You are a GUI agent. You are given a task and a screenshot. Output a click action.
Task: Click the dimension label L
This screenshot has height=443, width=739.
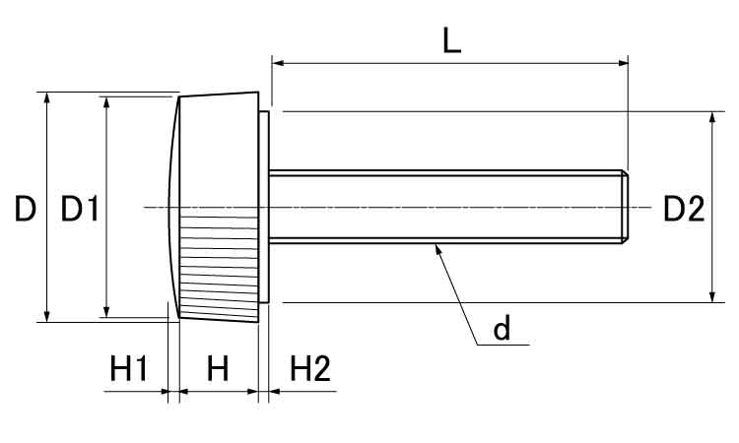click(x=451, y=40)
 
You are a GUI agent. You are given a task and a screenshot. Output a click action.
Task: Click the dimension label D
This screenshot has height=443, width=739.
click(x=26, y=209)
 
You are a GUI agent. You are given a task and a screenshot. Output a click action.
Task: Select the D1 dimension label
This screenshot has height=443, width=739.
click(x=79, y=209)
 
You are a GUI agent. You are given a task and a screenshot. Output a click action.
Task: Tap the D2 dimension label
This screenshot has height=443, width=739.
click(x=683, y=209)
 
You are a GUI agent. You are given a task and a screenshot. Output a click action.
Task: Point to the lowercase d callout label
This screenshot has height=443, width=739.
click(x=503, y=330)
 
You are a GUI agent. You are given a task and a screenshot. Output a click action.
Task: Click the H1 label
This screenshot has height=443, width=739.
click(x=128, y=369)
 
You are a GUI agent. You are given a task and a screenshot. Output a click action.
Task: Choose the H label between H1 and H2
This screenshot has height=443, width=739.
click(x=218, y=369)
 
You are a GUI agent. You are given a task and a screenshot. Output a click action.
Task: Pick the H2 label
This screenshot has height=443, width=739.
click(x=310, y=369)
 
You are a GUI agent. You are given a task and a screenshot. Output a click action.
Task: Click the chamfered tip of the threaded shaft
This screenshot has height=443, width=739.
click(x=624, y=206)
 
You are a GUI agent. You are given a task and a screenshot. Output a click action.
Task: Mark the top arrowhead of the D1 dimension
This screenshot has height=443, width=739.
click(x=105, y=102)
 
